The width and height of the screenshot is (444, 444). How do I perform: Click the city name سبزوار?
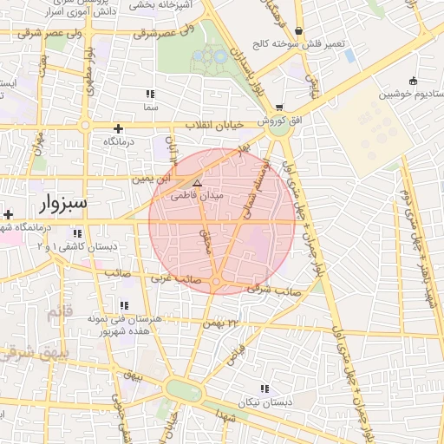tap(64, 205)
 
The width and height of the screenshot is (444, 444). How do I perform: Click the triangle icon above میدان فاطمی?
tap(197, 183)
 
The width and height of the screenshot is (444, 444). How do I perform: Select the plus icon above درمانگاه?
tap(118, 128)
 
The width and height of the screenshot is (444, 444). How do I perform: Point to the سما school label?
tap(151, 107)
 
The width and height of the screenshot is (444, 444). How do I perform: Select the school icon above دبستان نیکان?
tap(264, 389)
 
